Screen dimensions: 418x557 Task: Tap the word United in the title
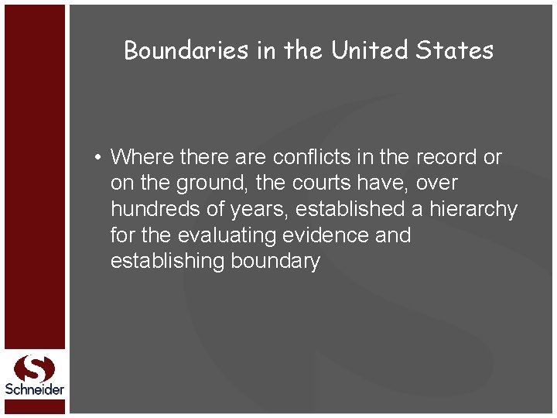(370, 50)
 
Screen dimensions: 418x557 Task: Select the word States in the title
(454, 50)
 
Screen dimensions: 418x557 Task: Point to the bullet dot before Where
(99, 158)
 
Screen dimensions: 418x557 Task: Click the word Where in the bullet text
(142, 157)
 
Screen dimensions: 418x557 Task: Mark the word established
(348, 209)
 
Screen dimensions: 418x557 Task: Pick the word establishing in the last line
(168, 261)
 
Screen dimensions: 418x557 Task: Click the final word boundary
(275, 262)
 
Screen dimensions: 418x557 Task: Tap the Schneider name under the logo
(35, 389)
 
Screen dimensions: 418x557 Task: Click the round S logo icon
(34, 368)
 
